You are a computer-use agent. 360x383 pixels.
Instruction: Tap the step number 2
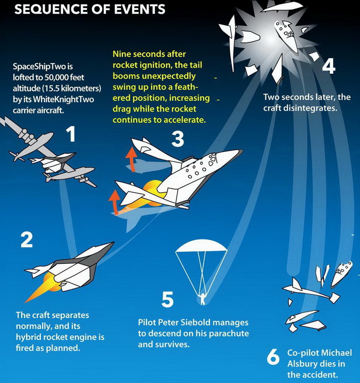coord(27,240)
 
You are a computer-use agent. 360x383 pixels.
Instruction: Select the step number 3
coord(177,138)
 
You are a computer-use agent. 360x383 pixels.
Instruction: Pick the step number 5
coord(168,299)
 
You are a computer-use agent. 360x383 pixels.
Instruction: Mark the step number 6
coord(273,357)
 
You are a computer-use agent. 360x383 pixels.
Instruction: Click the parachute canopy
coord(202,245)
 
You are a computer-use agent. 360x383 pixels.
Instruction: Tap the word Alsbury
coord(301,363)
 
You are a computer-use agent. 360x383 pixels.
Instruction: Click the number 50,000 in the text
coord(57,78)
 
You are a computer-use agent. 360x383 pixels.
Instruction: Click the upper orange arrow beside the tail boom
coord(132,159)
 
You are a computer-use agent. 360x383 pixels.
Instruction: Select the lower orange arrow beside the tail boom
coord(114,202)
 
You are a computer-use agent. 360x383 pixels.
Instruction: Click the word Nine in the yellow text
coord(123,54)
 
